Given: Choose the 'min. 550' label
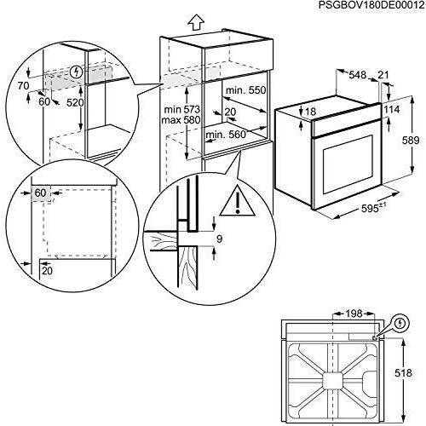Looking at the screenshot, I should click(x=245, y=90).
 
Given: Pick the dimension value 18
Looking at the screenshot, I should click(x=311, y=112).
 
